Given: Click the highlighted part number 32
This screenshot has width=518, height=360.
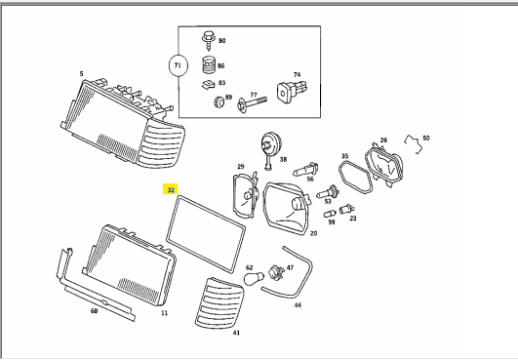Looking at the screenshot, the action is (171, 190).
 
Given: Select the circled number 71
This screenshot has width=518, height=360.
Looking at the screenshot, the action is (178, 65).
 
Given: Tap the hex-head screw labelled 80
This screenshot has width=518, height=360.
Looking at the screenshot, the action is (209, 40).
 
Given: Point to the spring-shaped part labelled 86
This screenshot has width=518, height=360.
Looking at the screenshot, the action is (209, 64).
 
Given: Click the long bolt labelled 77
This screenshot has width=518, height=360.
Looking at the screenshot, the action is (252, 103).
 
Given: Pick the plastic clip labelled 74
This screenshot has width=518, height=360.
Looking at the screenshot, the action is (293, 91).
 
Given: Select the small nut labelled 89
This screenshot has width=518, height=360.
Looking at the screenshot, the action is (219, 101).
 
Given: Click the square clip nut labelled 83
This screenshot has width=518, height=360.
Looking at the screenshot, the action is (209, 85).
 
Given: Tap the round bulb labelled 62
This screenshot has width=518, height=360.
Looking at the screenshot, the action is (254, 278).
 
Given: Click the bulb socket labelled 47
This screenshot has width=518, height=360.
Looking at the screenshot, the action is (277, 272).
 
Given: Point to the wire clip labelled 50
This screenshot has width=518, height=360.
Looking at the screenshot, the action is (414, 143).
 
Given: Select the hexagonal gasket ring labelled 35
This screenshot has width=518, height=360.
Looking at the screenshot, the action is (339, 171).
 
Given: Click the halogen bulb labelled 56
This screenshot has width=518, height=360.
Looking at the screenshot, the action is (305, 170).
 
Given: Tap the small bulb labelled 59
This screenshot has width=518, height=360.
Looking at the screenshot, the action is (330, 214).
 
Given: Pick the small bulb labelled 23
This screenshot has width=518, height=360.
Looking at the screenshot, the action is (347, 209).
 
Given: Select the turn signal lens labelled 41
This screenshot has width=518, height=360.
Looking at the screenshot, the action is (219, 303).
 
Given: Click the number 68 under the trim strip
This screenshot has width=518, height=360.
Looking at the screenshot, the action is (95, 311).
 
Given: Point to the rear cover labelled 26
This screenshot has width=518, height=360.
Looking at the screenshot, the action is (384, 165).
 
